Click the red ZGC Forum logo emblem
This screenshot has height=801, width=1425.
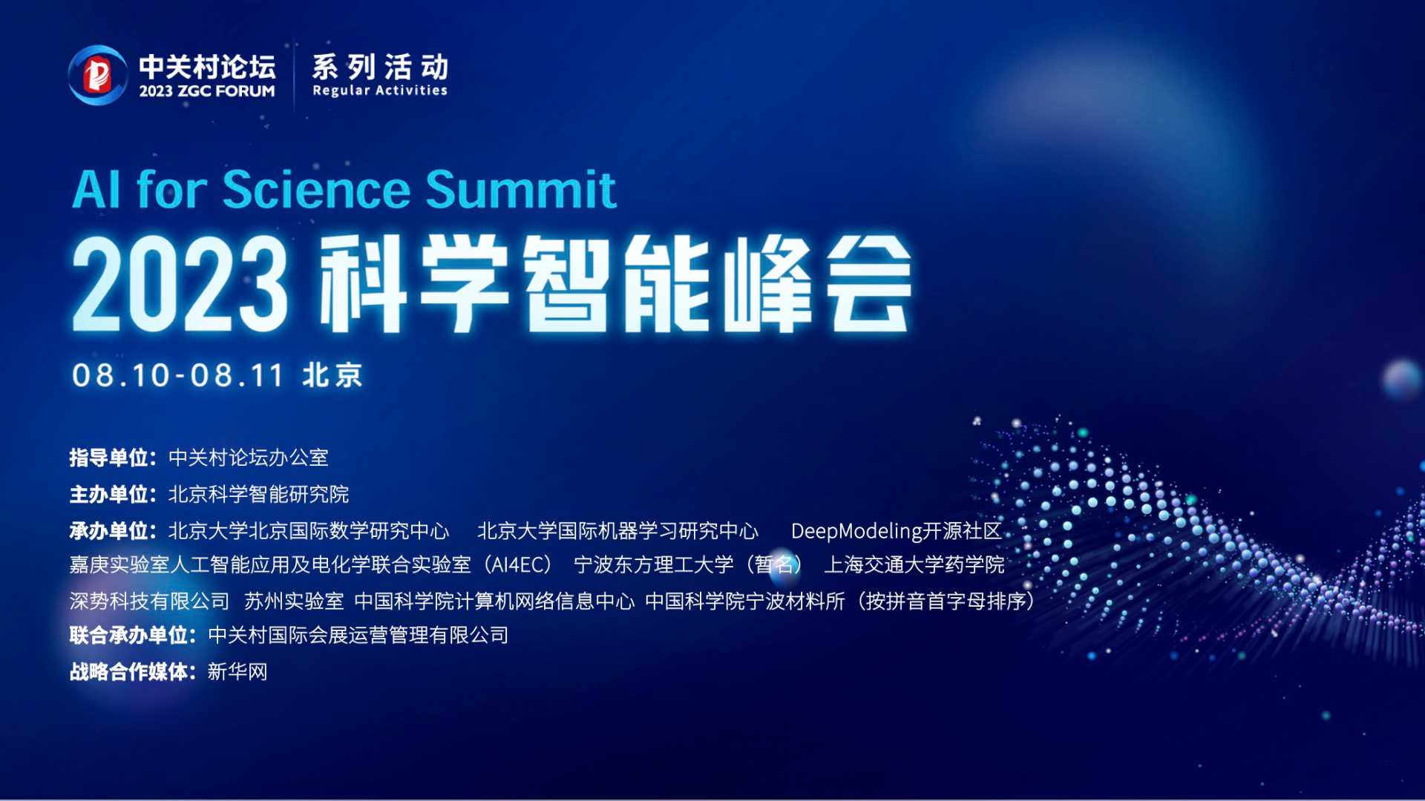97,75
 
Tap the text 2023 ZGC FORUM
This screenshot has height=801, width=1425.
207,91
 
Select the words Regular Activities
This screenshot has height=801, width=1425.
380,90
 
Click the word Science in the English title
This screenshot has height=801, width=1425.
316,190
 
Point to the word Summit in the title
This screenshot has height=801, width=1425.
520,190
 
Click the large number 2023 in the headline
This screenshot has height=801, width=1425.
180,285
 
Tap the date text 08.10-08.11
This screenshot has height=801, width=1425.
178,375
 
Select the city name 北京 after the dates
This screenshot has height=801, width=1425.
332,375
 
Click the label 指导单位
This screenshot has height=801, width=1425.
109,458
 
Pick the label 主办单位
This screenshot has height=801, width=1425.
109,494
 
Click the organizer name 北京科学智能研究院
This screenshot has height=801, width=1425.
259,494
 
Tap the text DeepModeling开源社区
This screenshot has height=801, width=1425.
897,531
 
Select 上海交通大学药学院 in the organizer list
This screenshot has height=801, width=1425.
914,565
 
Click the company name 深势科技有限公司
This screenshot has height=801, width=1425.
150,601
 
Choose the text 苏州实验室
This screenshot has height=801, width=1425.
294,601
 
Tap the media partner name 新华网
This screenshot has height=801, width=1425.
237,672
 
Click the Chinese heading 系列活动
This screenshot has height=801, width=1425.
380,67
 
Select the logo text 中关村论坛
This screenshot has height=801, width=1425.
208,67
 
